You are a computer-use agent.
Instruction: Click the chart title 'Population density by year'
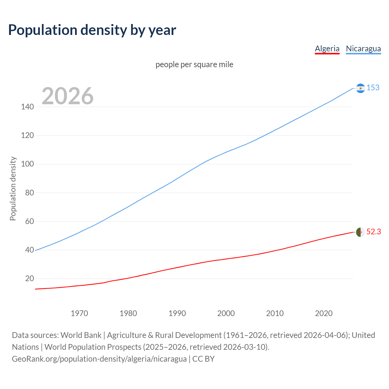pyautogui.click(x=92, y=30)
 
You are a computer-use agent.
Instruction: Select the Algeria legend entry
pyautogui.click(x=327, y=49)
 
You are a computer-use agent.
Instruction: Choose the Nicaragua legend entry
pyautogui.click(x=363, y=49)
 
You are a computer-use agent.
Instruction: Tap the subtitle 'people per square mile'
pyautogui.click(x=194, y=64)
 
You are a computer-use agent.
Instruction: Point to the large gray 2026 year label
pyautogui.click(x=67, y=96)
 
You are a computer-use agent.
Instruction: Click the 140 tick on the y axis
pyautogui.click(x=27, y=107)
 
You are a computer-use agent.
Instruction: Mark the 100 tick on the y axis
pyautogui.click(x=27, y=164)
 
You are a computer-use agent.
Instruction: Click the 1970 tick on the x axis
pyautogui.click(x=79, y=313)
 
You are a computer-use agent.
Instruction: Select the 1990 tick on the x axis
pyautogui.click(x=177, y=313)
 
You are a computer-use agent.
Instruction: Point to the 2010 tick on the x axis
pyautogui.click(x=275, y=313)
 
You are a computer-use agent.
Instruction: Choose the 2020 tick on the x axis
pyautogui.click(x=324, y=313)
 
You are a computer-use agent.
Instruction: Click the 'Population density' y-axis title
pyautogui.click(x=13, y=188)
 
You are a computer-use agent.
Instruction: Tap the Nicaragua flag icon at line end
pyautogui.click(x=360, y=88)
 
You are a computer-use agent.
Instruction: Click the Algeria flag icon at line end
pyautogui.click(x=360, y=232)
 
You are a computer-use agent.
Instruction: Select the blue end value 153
pyautogui.click(x=373, y=88)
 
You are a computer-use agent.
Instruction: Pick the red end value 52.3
pyautogui.click(x=374, y=232)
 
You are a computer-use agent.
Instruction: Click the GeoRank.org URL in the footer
pyautogui.click(x=99, y=359)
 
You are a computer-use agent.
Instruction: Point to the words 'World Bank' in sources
pyautogui.click(x=81, y=335)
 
